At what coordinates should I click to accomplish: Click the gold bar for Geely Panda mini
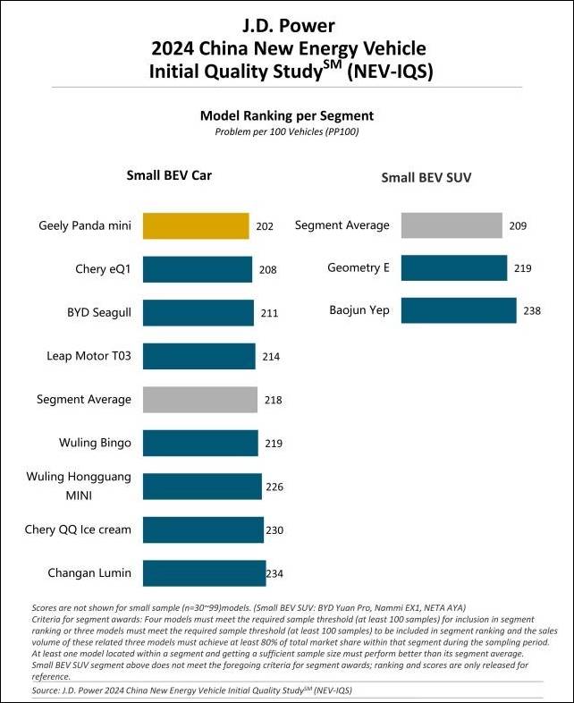[196, 226]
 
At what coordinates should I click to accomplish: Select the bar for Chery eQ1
[198, 269]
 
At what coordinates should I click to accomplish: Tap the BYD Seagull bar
[198, 313]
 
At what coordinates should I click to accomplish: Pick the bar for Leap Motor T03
[199, 356]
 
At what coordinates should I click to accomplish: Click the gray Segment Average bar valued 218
[200, 400]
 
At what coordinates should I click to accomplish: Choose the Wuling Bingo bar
[200, 443]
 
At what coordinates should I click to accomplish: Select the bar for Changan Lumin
[205, 573]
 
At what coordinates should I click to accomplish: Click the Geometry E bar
[454, 268]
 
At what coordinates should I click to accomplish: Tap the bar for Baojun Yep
[459, 310]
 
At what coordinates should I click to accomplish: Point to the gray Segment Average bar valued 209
[452, 225]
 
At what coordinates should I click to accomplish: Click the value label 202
[265, 227]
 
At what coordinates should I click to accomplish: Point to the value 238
[532, 311]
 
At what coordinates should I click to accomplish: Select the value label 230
[274, 530]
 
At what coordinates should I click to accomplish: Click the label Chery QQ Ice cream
[78, 529]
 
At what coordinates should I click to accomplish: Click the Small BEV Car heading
[169, 175]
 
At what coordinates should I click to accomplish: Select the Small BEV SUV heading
[426, 178]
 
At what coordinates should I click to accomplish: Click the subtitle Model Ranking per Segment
[286, 116]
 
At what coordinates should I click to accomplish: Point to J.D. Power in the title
[286, 23]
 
